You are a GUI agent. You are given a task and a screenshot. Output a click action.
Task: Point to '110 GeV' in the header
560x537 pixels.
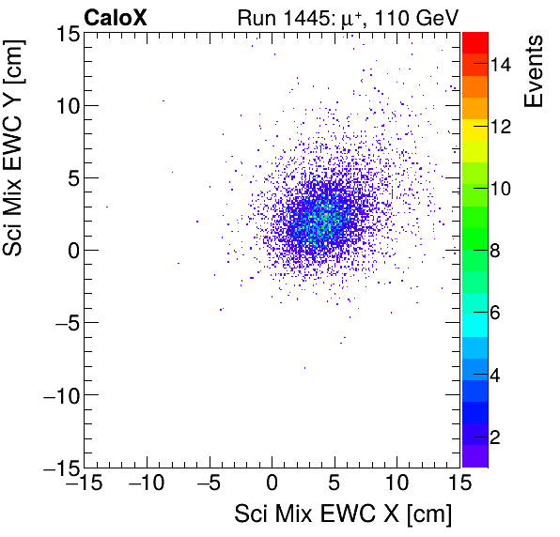411,17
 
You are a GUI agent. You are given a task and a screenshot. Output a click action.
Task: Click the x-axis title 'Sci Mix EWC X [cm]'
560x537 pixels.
343,515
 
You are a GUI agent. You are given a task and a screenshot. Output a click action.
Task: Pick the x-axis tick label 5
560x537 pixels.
334,484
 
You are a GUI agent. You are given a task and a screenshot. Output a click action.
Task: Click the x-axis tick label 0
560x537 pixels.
272,484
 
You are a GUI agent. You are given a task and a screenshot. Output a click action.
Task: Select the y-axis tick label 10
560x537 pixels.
64,105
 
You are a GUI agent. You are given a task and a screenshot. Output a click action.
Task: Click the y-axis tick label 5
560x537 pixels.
70,177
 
